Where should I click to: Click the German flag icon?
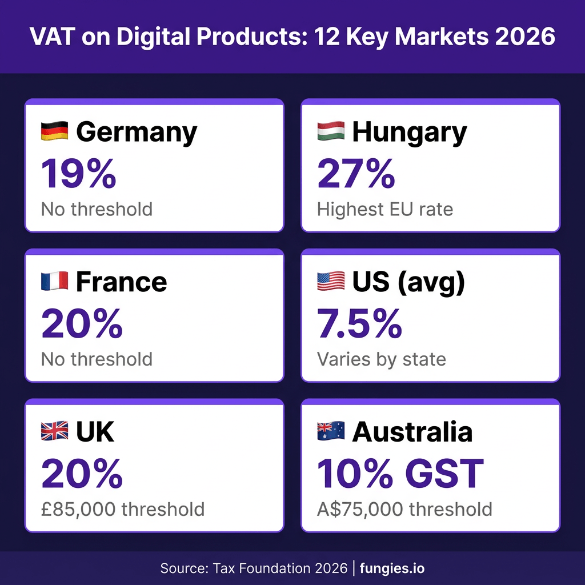point(54,131)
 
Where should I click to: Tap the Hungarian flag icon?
point(331,131)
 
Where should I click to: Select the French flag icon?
point(54,281)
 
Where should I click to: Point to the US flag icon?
point(331,281)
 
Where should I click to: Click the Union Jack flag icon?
point(54,431)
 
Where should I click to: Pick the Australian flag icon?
point(331,431)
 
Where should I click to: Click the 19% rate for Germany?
point(79,174)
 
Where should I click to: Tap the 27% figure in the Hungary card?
point(356,174)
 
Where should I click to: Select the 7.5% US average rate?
point(360,323)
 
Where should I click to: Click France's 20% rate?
point(82,323)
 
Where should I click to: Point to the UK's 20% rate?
point(82,474)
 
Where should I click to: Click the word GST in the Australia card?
point(444,474)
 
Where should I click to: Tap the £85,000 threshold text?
point(123,509)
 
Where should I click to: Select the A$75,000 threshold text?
point(405,509)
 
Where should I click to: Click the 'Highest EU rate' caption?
point(385,209)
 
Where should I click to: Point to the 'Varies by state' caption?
point(382,359)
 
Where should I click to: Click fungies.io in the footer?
point(392,568)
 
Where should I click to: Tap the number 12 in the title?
point(327,37)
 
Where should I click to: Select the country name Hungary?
point(410,132)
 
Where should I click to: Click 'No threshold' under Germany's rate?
point(97,209)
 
